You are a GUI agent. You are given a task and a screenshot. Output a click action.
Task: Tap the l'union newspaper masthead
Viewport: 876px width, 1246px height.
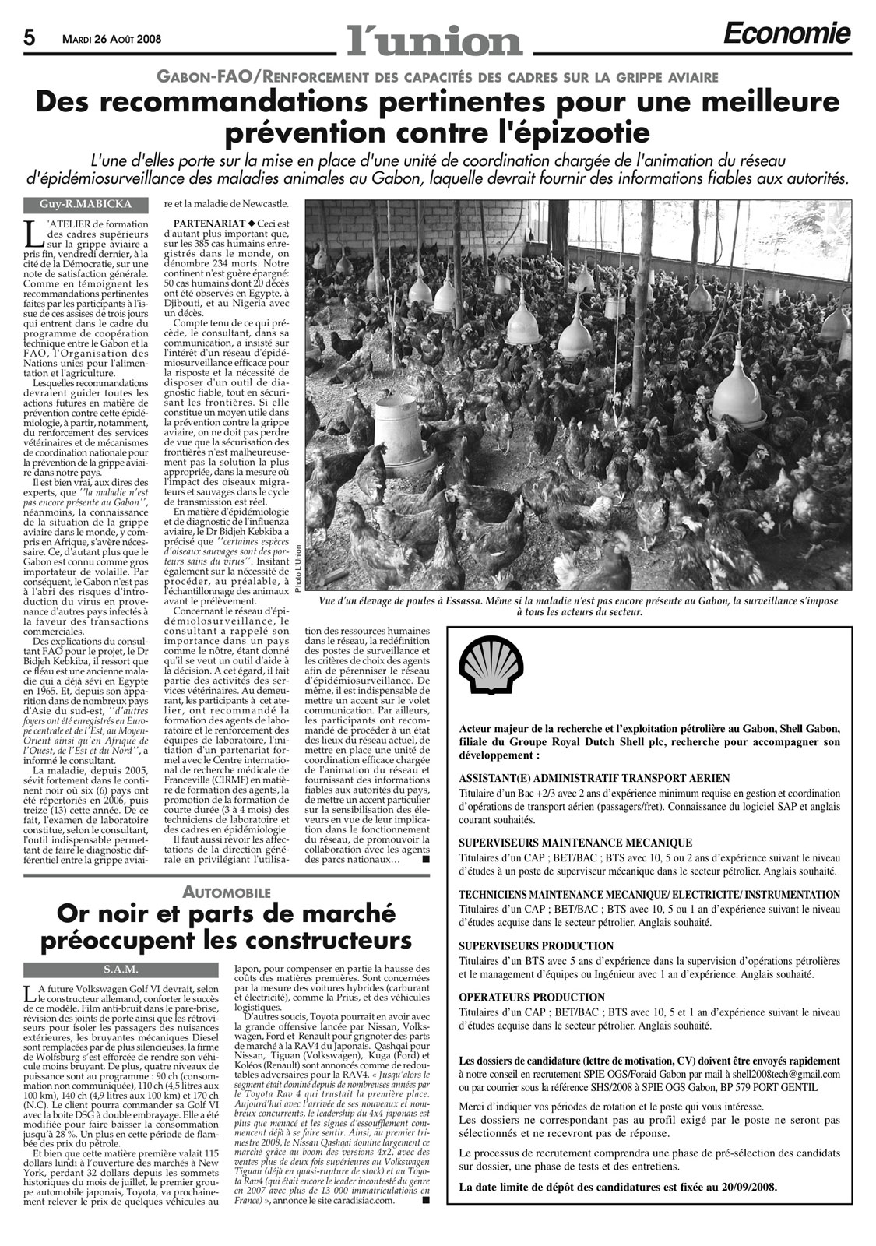click(x=434, y=37)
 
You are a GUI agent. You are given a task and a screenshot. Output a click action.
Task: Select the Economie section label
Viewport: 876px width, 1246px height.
click(x=786, y=33)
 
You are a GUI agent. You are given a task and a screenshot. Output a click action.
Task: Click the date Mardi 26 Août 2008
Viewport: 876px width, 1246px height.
click(x=112, y=37)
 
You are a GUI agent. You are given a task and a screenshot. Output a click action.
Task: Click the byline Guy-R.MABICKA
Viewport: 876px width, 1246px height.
click(x=86, y=205)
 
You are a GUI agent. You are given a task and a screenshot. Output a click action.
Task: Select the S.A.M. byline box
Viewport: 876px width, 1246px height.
click(x=121, y=970)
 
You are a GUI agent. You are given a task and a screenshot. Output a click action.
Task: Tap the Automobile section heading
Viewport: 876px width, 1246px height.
click(x=226, y=892)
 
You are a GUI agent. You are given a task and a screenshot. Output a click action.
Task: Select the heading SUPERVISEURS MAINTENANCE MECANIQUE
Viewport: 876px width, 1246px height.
click(x=575, y=843)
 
